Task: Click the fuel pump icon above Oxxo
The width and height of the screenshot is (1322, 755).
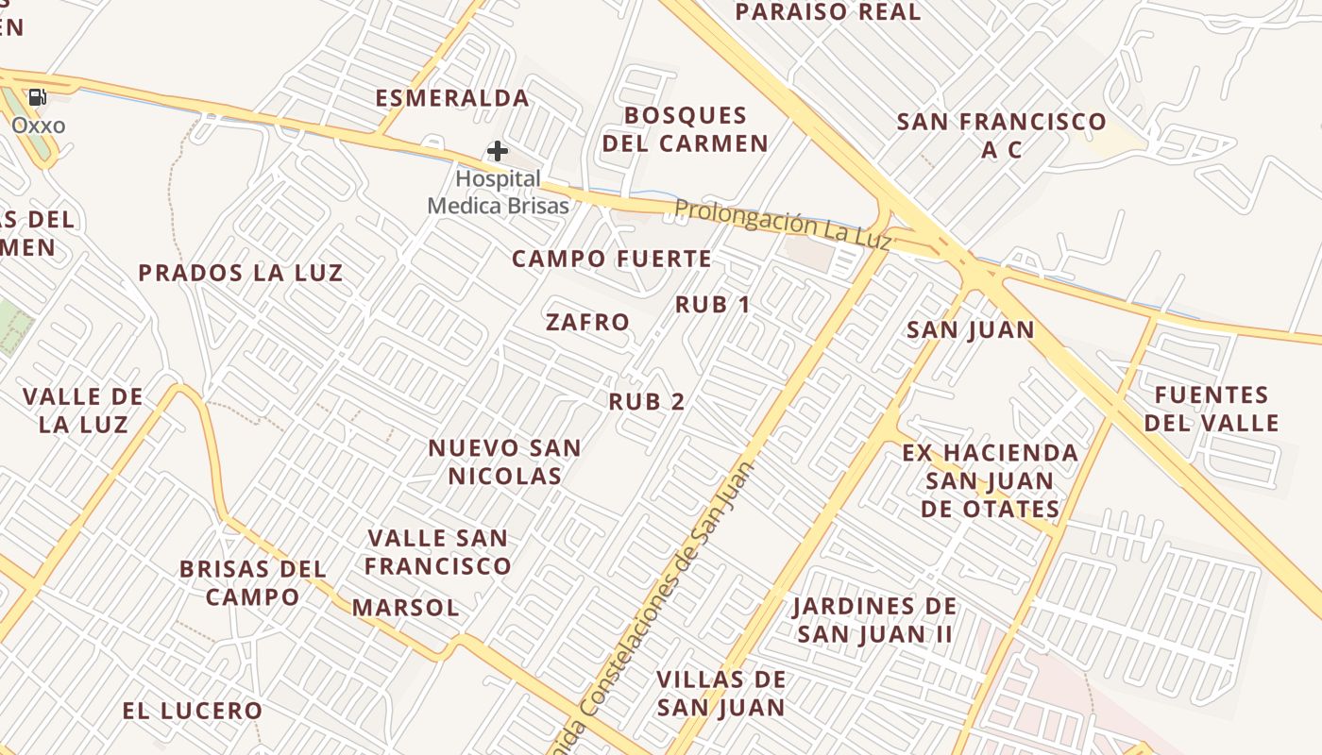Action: [38, 96]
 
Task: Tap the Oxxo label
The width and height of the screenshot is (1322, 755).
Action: [39, 126]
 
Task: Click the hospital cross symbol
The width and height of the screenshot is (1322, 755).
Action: [498, 150]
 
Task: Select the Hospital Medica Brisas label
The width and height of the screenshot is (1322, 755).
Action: [499, 193]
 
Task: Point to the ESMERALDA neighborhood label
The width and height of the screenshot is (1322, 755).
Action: [452, 98]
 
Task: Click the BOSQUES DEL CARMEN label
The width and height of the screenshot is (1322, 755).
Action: [686, 129]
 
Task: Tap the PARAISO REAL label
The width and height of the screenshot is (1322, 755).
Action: [828, 12]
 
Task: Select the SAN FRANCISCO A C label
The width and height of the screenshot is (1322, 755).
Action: [1001, 135]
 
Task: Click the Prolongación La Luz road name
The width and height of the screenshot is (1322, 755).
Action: [783, 224]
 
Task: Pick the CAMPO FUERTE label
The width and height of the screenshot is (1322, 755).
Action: [612, 259]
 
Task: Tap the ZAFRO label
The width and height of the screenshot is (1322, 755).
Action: [587, 322]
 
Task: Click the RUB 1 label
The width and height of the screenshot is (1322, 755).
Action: [713, 305]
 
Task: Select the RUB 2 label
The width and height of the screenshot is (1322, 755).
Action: [647, 401]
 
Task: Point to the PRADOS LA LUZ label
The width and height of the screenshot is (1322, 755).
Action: [241, 274]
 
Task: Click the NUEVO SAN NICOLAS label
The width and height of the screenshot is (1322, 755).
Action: [505, 461]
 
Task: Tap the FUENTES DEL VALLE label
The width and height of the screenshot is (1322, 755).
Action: [1212, 408]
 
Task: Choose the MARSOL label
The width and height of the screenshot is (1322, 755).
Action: [405, 608]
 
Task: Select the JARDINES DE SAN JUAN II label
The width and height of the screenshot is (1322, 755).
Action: [874, 620]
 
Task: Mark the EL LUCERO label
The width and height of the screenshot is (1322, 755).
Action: [192, 711]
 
